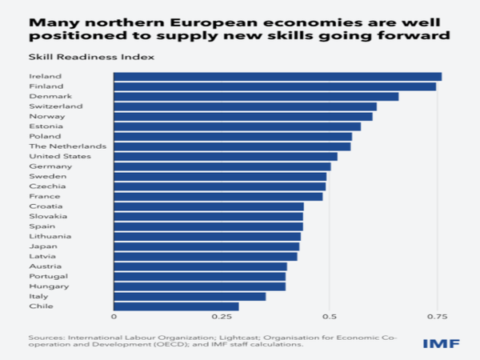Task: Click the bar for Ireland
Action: (278, 77)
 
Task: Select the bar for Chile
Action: (176, 306)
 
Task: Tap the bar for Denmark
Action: (256, 97)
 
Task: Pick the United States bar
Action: (226, 157)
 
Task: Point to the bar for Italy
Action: (190, 296)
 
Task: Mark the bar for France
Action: (218, 196)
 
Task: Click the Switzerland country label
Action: (55, 106)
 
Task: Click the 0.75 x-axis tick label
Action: (437, 318)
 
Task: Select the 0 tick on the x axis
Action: (114, 318)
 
